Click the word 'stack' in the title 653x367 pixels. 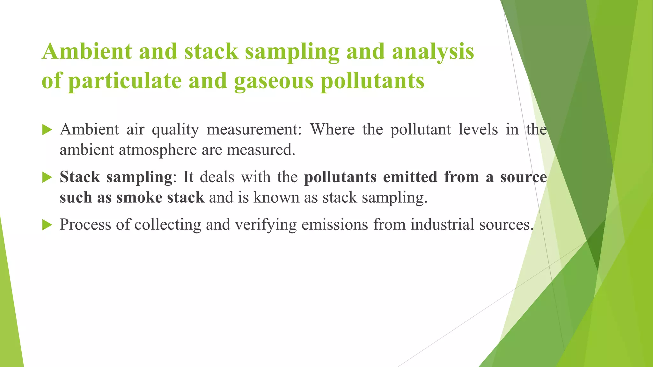[x=211, y=52]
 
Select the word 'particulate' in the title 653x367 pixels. [x=125, y=82]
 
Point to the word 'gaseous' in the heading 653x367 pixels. [x=274, y=82]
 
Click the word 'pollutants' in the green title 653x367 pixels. [x=372, y=81]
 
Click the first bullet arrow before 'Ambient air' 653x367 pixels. [x=47, y=130]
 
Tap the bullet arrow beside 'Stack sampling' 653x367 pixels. [x=47, y=177]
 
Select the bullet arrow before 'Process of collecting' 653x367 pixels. [x=47, y=225]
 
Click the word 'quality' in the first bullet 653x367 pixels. [x=175, y=130]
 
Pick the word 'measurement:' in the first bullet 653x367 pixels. [x=254, y=129]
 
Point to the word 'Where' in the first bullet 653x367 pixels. [x=333, y=129]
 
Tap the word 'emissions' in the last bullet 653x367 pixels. [x=334, y=224]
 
